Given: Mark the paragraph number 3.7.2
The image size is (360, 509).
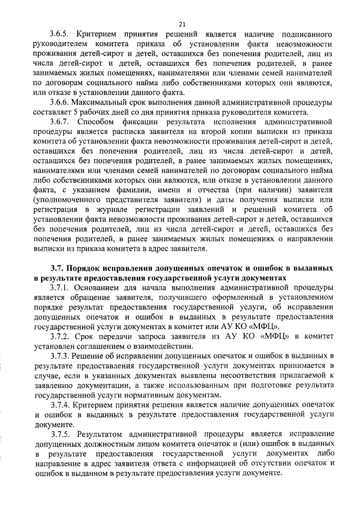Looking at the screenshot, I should (x=61, y=336).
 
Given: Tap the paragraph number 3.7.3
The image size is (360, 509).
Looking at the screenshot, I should (x=61, y=358).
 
